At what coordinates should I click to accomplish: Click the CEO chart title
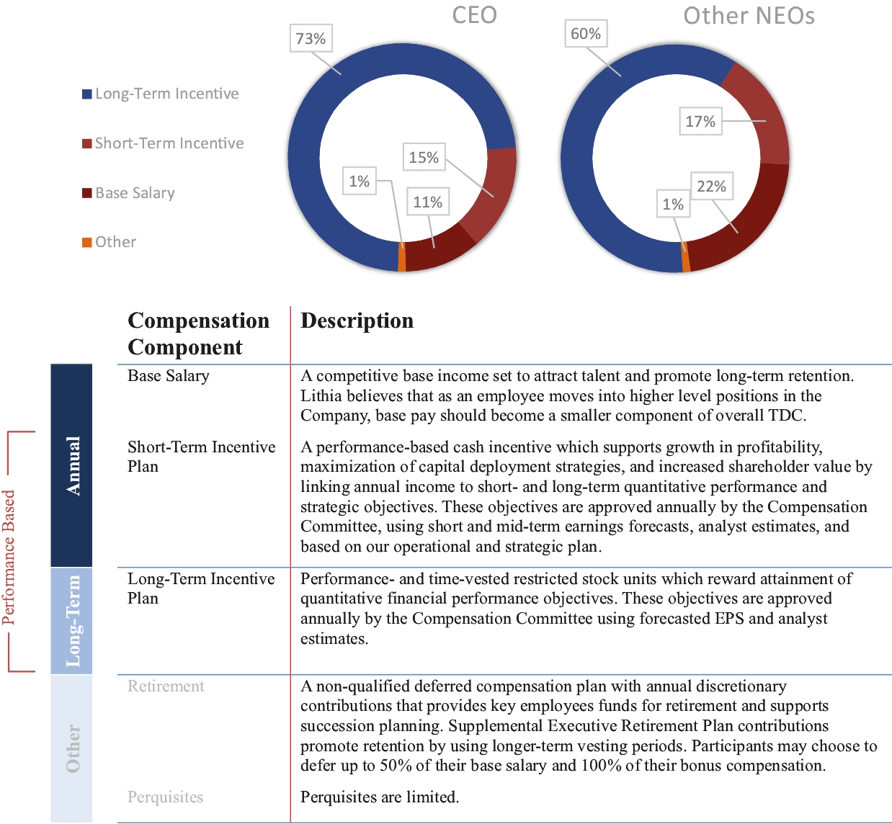coord(474,15)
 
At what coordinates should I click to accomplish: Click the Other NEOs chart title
coord(749,16)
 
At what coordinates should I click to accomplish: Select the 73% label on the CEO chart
coord(311,38)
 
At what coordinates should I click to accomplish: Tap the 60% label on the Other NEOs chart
coord(585,33)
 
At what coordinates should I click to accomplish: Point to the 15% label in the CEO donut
coord(423,157)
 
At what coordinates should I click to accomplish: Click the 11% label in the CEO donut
coord(427,202)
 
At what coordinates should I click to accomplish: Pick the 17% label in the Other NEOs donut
coord(700,121)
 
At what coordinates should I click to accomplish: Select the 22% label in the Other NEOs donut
coord(711,186)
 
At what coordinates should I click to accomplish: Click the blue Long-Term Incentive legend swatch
coord(87,94)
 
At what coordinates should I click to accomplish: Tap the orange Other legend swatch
coord(87,242)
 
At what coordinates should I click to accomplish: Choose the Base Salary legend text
coord(135,193)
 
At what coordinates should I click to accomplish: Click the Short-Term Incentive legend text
coord(169,143)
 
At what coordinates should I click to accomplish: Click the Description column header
coord(357,321)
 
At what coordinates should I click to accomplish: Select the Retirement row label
coord(166,686)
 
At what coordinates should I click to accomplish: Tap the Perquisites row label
coord(165,797)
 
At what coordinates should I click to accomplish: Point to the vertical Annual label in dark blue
coord(73,465)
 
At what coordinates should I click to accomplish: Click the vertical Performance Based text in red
coord(9,557)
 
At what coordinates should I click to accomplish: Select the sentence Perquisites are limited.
coord(380,797)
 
